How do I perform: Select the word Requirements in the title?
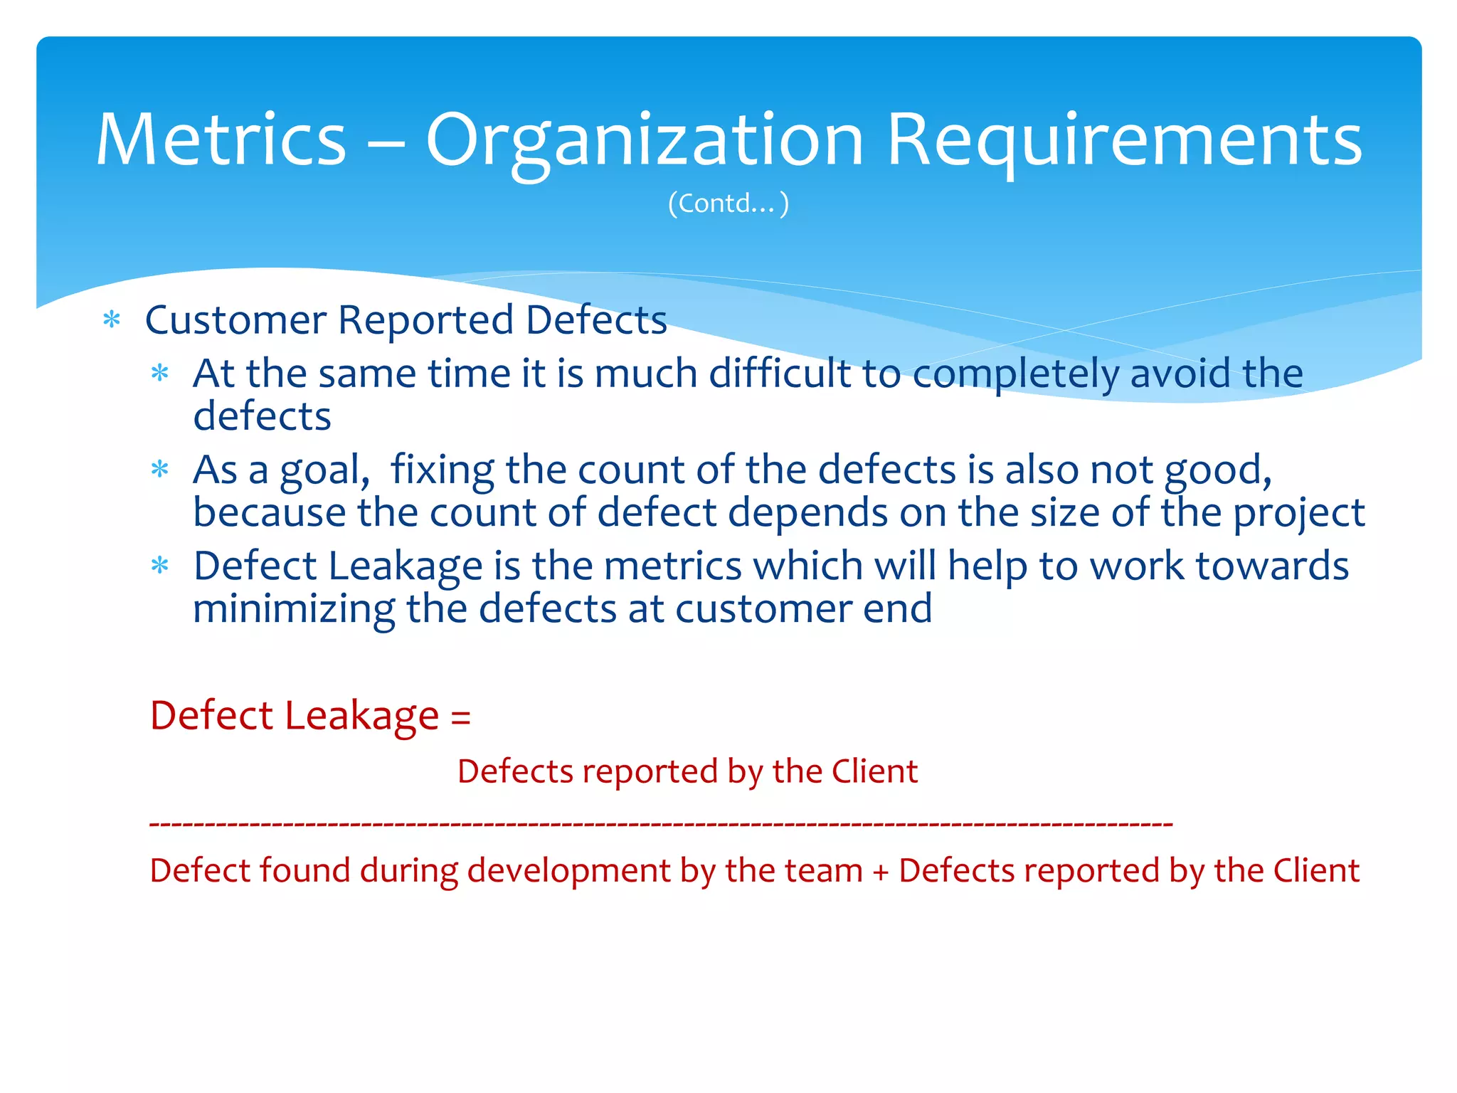(x=1124, y=141)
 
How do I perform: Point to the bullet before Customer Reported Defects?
(x=112, y=320)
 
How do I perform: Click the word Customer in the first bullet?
(x=235, y=320)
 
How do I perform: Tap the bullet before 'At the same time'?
(x=160, y=373)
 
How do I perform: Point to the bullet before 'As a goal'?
(x=160, y=470)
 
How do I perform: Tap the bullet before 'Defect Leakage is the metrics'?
(x=160, y=566)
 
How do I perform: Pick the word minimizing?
(x=294, y=609)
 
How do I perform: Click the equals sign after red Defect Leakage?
(x=461, y=716)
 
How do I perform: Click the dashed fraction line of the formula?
(x=662, y=824)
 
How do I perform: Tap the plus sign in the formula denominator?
(x=881, y=872)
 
